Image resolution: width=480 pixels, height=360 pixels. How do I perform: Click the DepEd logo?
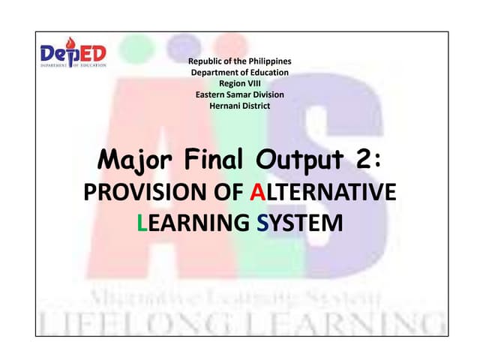[x=73, y=55]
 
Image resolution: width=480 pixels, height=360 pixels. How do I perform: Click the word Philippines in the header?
[x=265, y=60]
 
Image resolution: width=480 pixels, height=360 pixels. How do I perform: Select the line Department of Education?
[x=239, y=72]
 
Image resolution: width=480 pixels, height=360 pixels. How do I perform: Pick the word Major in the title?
[x=129, y=161]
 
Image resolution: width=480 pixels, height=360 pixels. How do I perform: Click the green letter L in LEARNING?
[x=144, y=222]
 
